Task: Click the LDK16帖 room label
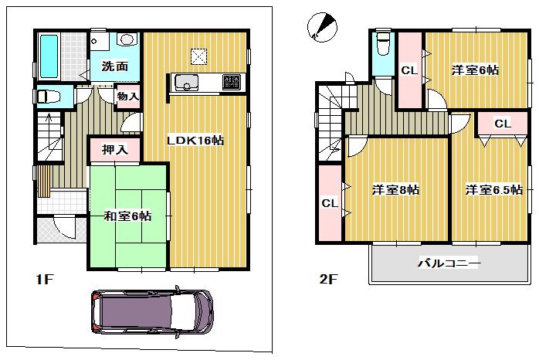click(x=197, y=141)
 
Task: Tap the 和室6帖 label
click(x=128, y=216)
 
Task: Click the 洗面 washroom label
click(x=115, y=66)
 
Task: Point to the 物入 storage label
click(x=128, y=97)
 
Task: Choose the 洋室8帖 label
click(x=395, y=189)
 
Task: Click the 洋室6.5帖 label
click(x=493, y=189)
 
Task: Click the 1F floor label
click(x=43, y=279)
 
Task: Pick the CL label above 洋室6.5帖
click(x=503, y=124)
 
